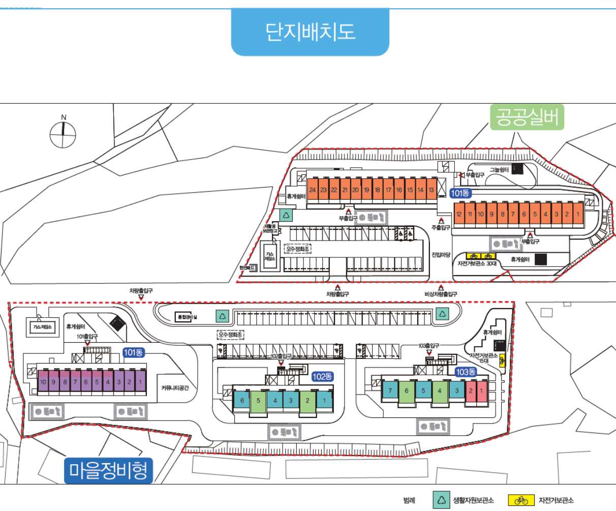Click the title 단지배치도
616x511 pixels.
coord(310,32)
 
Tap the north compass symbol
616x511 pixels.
coord(63,134)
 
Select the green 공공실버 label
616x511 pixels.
coord(527,117)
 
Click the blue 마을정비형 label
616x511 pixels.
coord(109,470)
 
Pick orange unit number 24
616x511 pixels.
coord(313,190)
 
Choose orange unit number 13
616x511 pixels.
coord(431,190)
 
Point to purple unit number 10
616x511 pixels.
coord(43,382)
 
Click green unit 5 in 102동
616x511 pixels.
coord(258,401)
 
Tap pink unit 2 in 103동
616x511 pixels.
coord(471,391)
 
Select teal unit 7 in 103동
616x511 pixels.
coord(390,391)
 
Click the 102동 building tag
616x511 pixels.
coord(322,377)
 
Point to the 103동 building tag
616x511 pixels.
coord(466,372)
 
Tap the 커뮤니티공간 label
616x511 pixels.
coord(175,387)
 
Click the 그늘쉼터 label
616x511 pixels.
coord(499,170)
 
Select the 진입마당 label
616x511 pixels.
coord(441,254)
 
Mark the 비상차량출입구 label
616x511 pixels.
coord(441,294)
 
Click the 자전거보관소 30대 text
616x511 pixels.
coord(477,263)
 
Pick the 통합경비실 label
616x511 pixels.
coord(187,317)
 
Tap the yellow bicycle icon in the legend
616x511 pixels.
coord(521,500)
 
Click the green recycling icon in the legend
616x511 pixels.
coord(442,500)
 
